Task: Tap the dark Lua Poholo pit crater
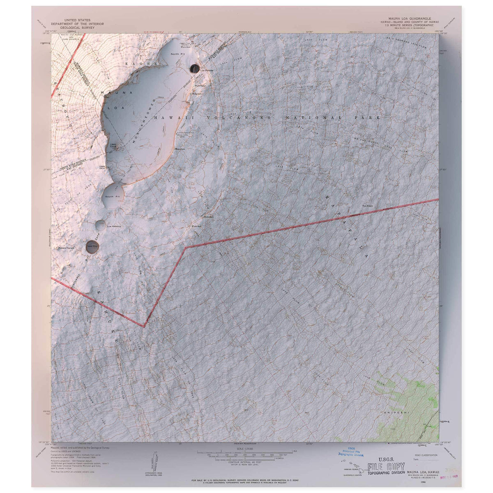194,69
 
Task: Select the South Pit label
112,197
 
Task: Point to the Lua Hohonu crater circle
100,224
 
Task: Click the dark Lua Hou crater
92,246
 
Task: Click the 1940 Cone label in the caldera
113,146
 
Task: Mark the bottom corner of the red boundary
144,327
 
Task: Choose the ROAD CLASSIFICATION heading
424,455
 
